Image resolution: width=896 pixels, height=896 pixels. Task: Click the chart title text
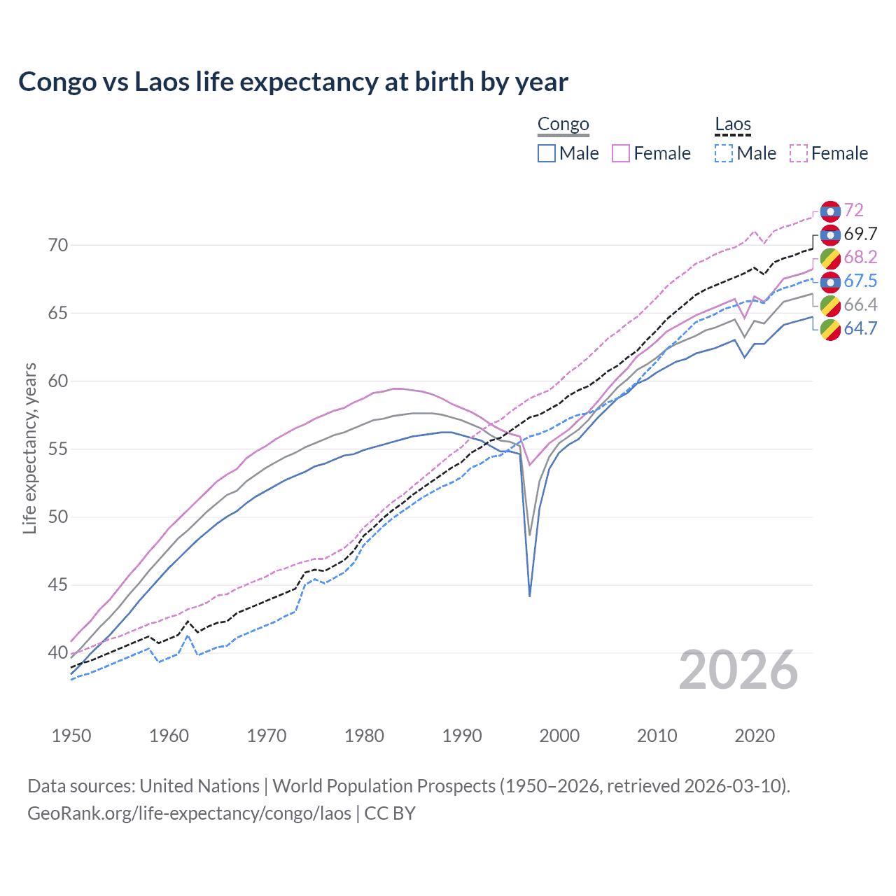coord(293,82)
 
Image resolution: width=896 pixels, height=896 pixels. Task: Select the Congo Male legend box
coord(547,153)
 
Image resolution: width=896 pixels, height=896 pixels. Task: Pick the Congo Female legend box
coord(621,153)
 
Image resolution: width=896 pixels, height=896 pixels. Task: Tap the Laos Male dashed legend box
coord(724,153)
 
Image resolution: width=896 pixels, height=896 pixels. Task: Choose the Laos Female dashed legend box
coord(799,153)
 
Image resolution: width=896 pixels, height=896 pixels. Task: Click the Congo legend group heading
coord(563,125)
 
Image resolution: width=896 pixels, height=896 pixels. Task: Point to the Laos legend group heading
coord(733,125)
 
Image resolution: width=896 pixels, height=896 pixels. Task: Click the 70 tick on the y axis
coord(58,245)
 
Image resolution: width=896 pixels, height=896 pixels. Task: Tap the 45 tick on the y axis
coord(58,584)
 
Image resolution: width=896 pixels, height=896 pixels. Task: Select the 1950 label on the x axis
coord(71,736)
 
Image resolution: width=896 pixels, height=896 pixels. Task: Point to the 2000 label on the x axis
coord(559,736)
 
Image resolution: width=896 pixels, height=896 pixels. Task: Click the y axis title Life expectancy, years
coord(30,449)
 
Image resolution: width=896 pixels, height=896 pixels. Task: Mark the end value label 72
coord(853,210)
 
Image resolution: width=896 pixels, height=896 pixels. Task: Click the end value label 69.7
coord(860,234)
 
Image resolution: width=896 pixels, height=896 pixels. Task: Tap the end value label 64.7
coord(860,328)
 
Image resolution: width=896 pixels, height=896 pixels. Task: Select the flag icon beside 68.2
coord(830,258)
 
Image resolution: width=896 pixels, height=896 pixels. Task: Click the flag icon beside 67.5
coord(830,281)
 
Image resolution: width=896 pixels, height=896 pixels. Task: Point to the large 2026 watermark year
coord(738,671)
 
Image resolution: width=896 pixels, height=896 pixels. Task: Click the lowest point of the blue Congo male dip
coord(530,596)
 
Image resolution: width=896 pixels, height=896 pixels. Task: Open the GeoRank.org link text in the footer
coord(189,813)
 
